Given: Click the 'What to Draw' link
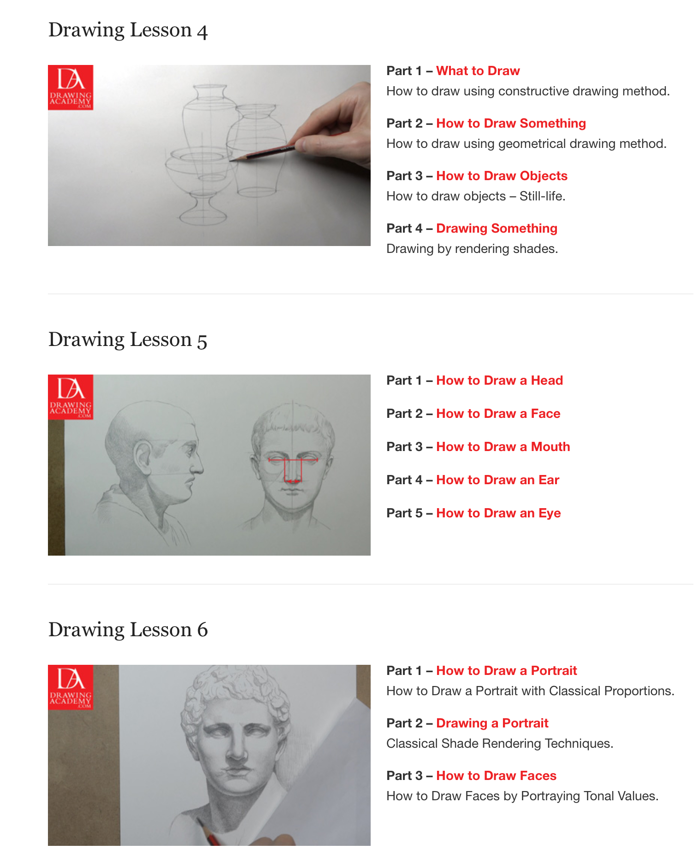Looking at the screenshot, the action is click(478, 71).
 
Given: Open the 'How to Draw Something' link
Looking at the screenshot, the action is click(511, 123).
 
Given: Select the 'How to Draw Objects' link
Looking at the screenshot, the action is click(502, 176).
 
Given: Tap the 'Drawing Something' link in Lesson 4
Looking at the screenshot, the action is click(497, 229).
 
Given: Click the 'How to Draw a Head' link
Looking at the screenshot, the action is click(499, 381).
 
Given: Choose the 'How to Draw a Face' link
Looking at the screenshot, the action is click(498, 414).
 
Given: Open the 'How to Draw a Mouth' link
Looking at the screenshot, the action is click(503, 447).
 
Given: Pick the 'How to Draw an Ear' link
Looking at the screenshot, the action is click(497, 480).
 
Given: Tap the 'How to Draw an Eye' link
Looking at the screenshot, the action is click(498, 513).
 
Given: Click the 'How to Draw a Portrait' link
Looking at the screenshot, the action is click(506, 671).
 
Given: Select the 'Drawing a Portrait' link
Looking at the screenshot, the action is click(492, 723).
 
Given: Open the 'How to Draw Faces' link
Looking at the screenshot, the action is click(496, 776).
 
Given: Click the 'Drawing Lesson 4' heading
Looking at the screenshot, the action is click(128, 30).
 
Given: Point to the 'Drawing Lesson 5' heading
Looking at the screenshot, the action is click(128, 340).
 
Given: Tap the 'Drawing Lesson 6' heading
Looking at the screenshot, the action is click(128, 630).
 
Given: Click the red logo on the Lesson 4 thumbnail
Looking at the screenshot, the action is click(71, 88).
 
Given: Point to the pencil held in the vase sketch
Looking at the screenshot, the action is click(263, 153).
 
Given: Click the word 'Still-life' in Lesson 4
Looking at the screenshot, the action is click(542, 196).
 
